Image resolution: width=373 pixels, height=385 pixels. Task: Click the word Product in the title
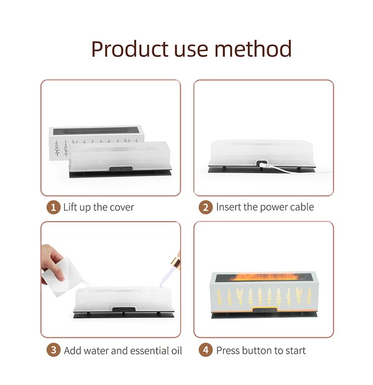coord(129,49)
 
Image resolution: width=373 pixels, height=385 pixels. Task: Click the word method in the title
coord(253,48)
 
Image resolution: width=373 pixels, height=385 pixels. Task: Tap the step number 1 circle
coord(53,207)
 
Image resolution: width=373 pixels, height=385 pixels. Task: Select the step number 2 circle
coord(206,207)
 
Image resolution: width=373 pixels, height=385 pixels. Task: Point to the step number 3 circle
coord(53,350)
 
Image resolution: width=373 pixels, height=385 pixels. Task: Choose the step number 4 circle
coord(206,350)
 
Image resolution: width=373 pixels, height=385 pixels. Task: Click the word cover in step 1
coord(122,207)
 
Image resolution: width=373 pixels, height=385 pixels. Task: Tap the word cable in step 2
coord(302,207)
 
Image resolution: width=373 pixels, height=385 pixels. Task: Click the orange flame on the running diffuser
coord(265,277)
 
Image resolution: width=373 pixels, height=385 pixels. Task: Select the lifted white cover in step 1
coord(96,142)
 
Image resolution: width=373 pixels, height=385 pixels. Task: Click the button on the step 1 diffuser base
coord(121,169)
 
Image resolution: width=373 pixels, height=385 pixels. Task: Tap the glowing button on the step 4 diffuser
coord(265,310)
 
